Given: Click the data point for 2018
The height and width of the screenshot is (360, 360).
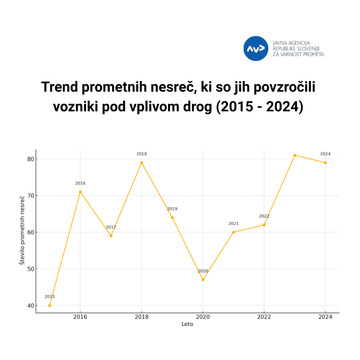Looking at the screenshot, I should point(141,162).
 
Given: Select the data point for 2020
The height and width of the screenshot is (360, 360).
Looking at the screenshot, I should point(203,279).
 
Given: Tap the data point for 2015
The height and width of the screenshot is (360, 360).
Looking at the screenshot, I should point(50,305).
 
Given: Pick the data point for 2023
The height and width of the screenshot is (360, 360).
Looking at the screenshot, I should point(294,155).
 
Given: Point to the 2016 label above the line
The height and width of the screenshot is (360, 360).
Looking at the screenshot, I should point(80,183).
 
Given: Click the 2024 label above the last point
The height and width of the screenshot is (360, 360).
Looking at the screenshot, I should point(325,154).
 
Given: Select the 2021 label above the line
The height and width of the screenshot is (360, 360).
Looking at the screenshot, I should point(233,223).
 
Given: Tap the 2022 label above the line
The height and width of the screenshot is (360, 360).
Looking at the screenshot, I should point(264,216).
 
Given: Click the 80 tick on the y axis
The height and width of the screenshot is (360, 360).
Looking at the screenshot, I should point(30,158).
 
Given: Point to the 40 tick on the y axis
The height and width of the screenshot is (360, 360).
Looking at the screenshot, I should point(30,305).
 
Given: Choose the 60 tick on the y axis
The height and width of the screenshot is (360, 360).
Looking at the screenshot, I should point(30,232).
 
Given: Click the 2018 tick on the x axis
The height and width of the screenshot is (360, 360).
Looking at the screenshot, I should point(141,317).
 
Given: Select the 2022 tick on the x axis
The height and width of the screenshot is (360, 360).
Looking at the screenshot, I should point(264,317).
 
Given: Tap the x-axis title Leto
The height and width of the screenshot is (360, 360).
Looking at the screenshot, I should point(187,325).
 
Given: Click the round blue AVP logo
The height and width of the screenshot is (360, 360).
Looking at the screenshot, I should point(256,47).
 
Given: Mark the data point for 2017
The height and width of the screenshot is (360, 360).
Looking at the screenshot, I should point(111,235).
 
